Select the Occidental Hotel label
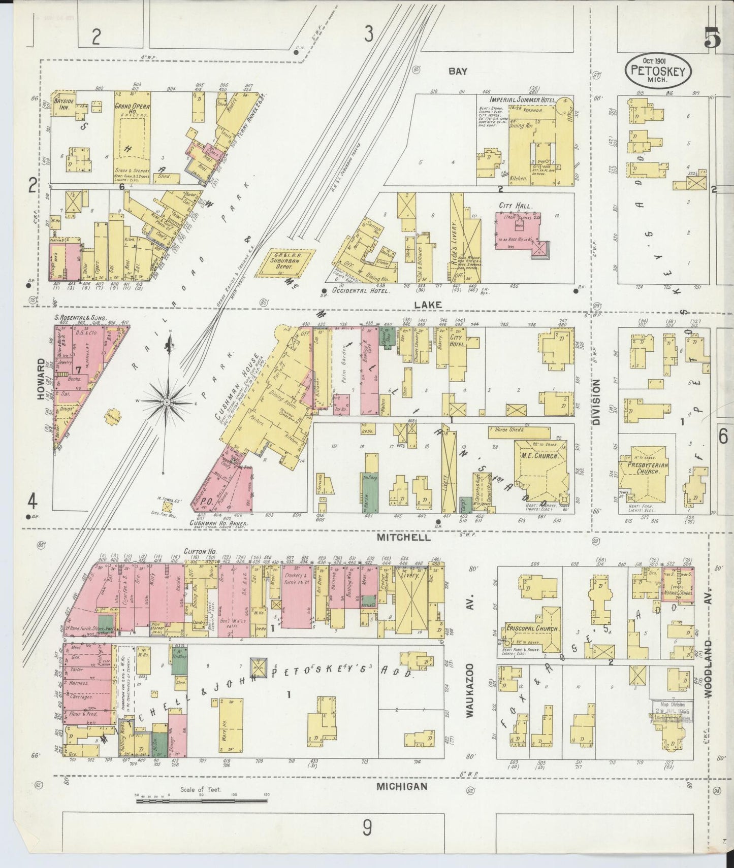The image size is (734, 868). click(x=360, y=292)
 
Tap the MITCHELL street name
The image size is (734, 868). click(x=404, y=538)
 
